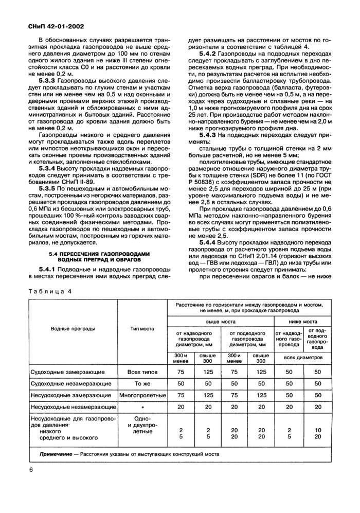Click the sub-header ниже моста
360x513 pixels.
tap(302, 321)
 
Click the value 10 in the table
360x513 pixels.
tap(318, 430)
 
